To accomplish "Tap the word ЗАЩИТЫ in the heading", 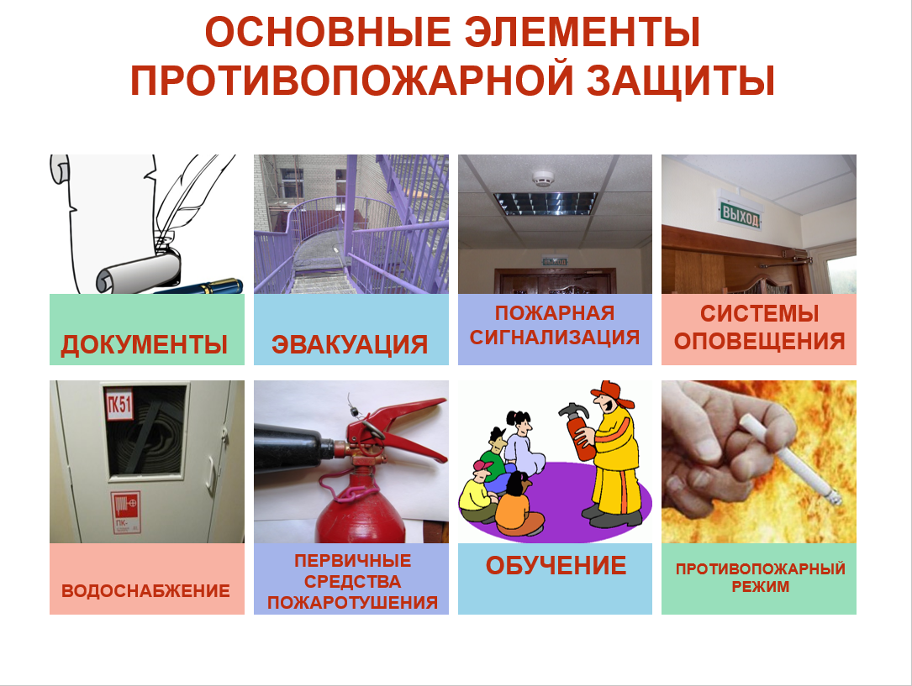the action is [x=681, y=80].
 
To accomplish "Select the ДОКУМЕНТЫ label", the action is [x=145, y=344].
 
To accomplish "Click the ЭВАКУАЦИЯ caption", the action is [x=350, y=344].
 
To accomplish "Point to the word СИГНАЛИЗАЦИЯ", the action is [x=555, y=337].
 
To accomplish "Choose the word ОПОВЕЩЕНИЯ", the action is [x=759, y=341].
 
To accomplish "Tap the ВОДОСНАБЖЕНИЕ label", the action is [x=145, y=591].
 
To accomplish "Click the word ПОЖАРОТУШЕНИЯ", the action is [x=352, y=602].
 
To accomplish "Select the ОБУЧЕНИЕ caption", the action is [x=556, y=566].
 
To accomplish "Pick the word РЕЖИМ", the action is [x=760, y=587].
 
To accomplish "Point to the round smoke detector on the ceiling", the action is [x=543, y=178].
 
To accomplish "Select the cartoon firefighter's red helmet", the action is [x=614, y=393].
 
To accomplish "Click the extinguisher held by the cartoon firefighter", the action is [x=579, y=431].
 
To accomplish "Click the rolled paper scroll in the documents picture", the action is [x=139, y=273].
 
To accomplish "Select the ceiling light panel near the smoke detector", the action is [x=546, y=203].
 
